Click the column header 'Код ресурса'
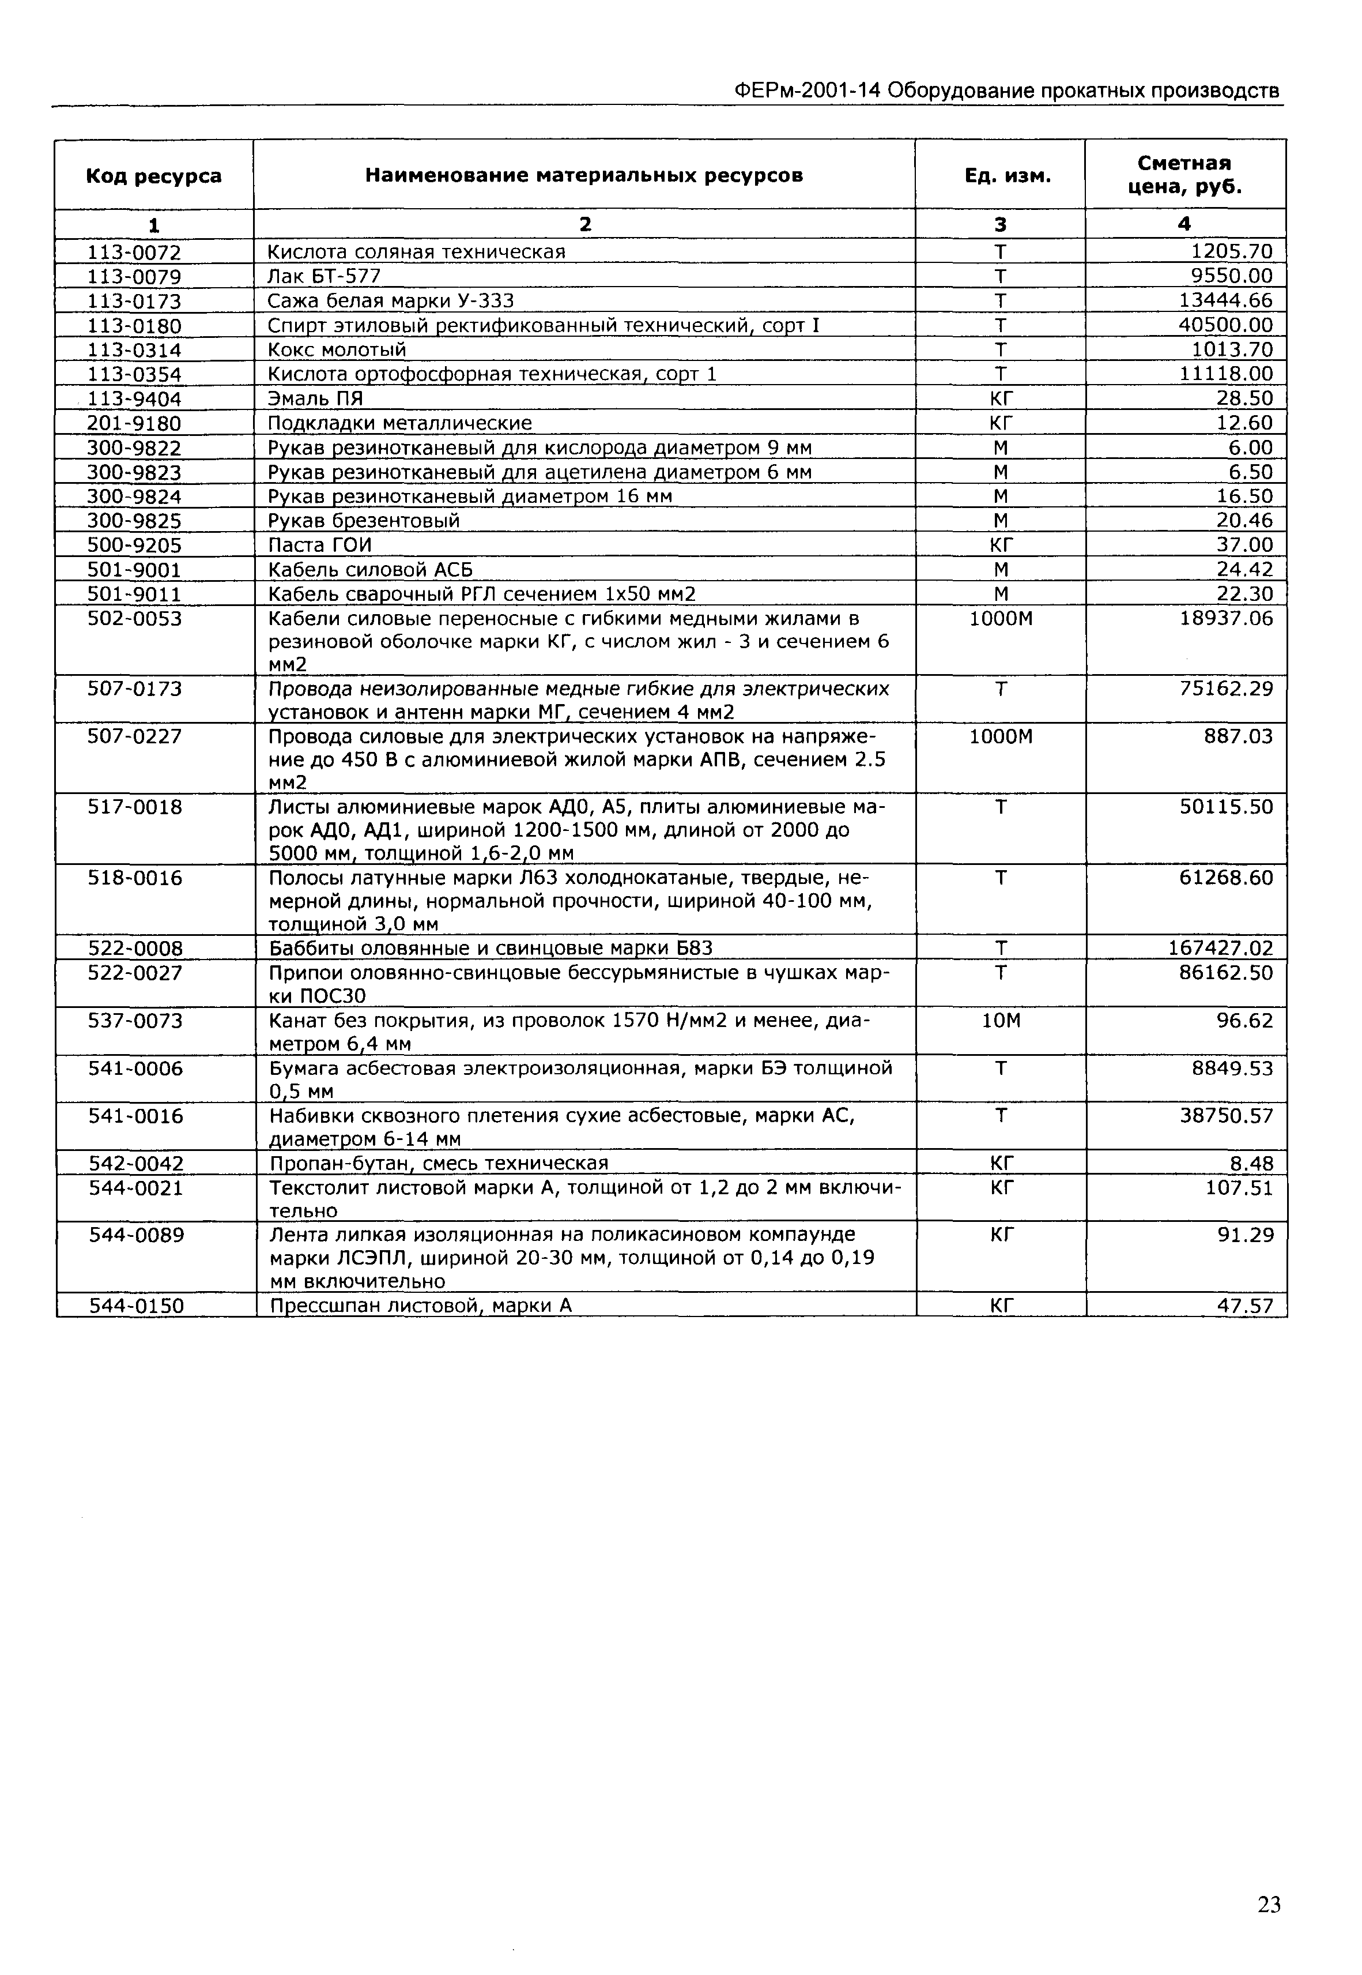tap(154, 176)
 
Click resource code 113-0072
tap(135, 252)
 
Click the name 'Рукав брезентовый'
tap(364, 521)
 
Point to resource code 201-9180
tap(135, 423)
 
